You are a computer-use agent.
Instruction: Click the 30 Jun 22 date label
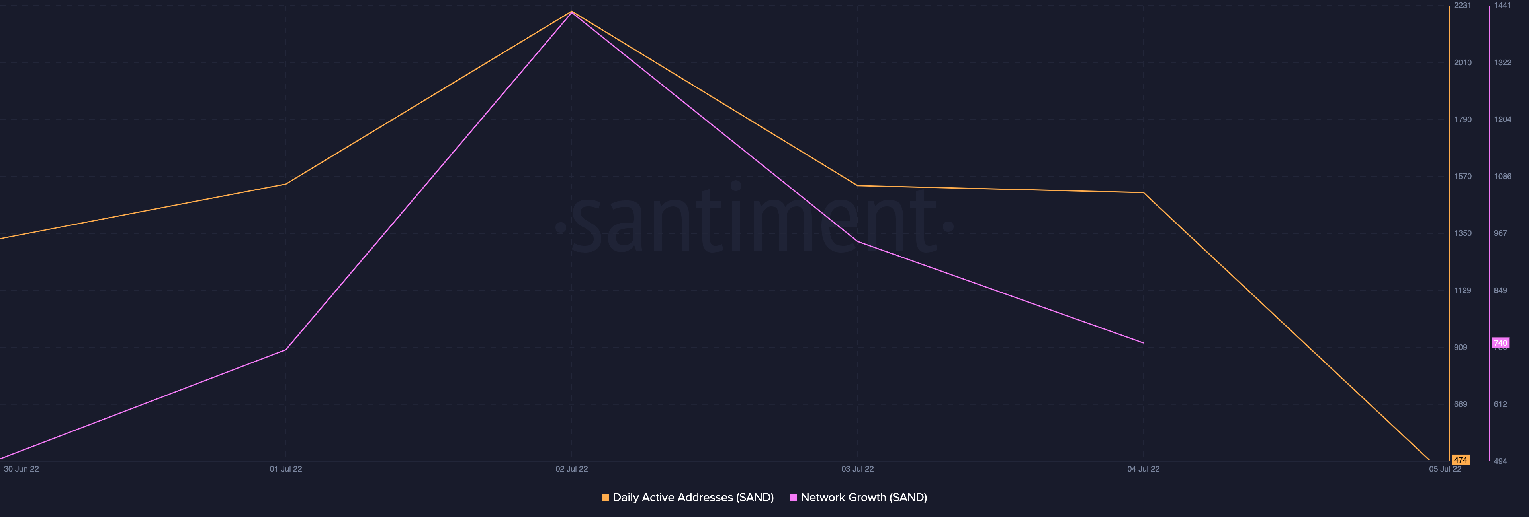coord(22,469)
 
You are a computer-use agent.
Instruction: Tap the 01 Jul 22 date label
coord(285,469)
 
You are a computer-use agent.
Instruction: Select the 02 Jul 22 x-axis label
coord(572,469)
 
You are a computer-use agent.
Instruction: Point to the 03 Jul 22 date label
coord(857,469)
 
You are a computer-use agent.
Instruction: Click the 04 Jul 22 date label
coord(1143,469)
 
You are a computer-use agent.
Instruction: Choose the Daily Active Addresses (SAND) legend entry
coord(693,498)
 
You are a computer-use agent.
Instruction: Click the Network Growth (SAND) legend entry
coord(863,498)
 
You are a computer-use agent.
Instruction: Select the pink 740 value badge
coord(1500,343)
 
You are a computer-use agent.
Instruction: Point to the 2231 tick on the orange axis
coord(1463,5)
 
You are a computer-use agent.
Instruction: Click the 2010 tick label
coord(1463,62)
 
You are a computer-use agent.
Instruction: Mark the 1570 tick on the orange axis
coord(1463,176)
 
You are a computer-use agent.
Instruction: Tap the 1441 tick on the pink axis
coord(1502,5)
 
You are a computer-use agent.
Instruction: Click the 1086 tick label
coord(1502,176)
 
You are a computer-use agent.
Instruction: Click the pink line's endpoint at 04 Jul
coord(1143,343)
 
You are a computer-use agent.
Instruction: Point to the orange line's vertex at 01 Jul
coord(285,184)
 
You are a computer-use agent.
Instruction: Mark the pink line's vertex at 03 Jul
coord(857,241)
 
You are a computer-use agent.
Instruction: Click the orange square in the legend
coord(605,498)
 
